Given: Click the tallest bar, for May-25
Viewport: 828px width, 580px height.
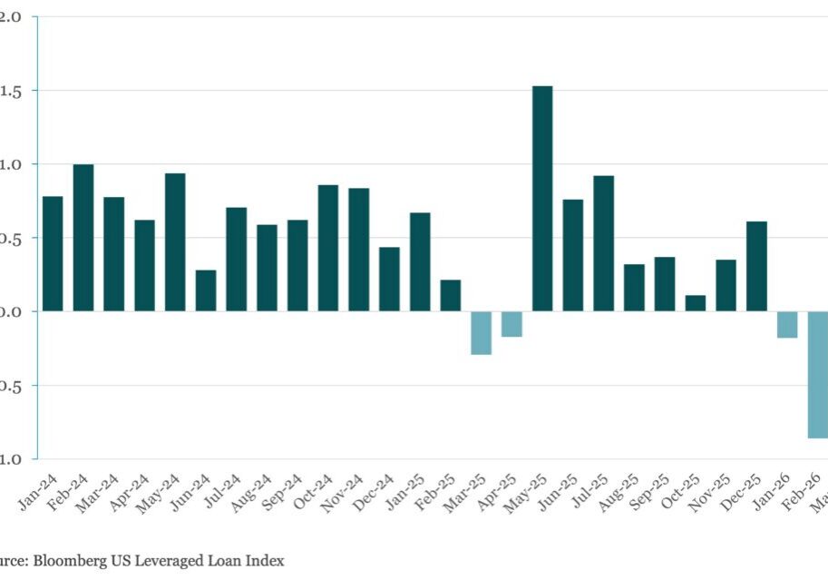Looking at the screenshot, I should [542, 199].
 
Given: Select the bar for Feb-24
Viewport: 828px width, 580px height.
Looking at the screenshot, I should [83, 238].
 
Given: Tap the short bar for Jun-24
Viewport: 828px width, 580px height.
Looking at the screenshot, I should [206, 290].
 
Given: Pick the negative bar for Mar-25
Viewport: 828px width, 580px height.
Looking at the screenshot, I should [481, 332].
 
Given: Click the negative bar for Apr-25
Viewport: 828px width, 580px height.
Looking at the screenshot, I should [511, 324].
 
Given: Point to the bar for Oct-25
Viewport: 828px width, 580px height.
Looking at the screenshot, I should [696, 303].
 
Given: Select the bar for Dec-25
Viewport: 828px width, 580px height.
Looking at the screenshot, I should [756, 266].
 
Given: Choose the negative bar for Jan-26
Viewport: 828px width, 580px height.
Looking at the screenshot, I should [787, 324].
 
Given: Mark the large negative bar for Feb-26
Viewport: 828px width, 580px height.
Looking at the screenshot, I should [817, 374].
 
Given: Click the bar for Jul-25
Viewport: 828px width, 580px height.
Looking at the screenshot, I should [604, 243].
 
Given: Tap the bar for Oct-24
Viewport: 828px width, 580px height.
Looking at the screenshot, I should [328, 248].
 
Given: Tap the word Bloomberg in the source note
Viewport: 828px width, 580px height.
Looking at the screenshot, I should [69, 561].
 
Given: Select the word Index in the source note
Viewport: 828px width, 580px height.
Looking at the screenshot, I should [265, 561].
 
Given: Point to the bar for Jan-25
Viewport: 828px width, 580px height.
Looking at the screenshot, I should [420, 261].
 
